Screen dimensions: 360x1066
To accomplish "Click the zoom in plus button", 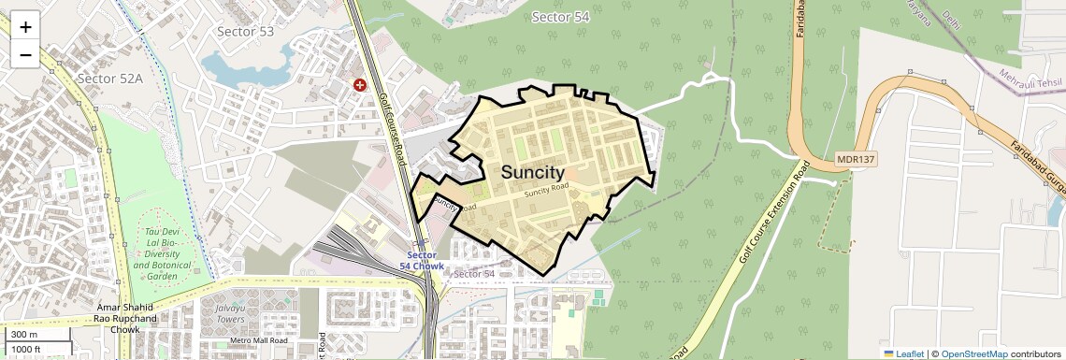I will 25,27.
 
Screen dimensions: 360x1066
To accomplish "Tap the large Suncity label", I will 533,173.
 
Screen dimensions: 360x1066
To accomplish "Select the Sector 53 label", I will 245,32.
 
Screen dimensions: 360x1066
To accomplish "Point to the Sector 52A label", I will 110,78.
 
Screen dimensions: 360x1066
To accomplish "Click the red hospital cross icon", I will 359,85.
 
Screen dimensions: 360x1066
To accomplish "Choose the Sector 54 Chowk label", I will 422,261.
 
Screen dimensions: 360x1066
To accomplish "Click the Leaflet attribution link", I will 903,353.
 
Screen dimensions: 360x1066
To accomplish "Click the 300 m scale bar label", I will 24,335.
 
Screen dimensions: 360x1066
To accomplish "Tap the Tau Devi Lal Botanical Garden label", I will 154,253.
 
